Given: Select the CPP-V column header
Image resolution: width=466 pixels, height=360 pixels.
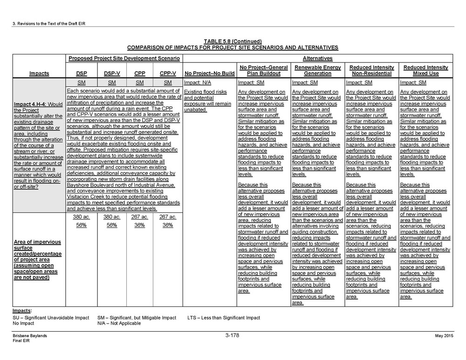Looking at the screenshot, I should pos(168,74).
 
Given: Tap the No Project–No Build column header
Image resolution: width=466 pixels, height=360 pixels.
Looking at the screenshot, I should pos(209,74).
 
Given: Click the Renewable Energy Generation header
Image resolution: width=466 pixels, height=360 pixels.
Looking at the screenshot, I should pos(318,70).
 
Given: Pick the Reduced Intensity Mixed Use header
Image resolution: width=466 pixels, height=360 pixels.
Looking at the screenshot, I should pos(425,70).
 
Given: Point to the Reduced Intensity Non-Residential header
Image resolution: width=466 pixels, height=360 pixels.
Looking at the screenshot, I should pos(371,70).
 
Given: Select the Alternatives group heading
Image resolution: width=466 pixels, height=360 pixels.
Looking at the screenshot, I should pos(317,59).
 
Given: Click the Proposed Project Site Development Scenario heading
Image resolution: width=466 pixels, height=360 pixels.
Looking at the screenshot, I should pos(123,59).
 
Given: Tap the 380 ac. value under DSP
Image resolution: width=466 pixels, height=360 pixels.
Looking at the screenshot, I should pos(81,217).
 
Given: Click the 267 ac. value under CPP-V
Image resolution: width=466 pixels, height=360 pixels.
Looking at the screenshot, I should pos(168,217).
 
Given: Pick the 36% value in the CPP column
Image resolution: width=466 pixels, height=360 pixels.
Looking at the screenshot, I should pos(139,225).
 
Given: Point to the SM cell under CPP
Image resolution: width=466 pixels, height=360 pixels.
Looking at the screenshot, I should pos(139,82).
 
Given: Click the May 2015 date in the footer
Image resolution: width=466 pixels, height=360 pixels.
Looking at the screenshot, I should pos(444,336).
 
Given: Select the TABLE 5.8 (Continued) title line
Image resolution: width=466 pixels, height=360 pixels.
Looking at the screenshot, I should pos(233,41).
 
